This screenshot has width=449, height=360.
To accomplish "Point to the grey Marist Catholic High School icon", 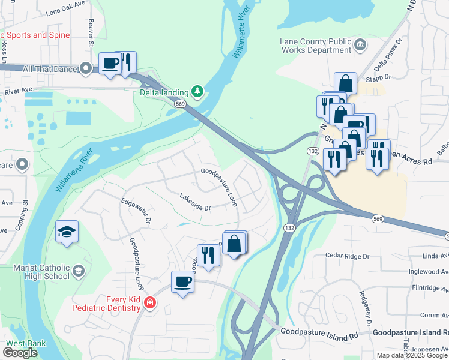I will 78,272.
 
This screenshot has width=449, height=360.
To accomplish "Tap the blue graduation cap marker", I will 67,231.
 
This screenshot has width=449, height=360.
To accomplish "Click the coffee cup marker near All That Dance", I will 110,63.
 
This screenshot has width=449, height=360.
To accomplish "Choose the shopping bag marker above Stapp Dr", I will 346,82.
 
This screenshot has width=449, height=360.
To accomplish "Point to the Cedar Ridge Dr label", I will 349,256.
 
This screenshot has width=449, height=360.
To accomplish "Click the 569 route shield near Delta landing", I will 180,104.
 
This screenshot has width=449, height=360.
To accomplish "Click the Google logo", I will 20,353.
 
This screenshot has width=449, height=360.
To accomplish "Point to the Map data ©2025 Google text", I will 412,355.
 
